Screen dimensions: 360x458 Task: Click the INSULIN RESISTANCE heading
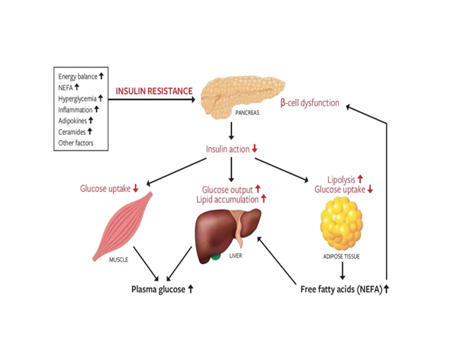coord(154,92)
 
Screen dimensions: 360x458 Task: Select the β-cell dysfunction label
coord(310,103)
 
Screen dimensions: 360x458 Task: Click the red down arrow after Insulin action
coord(255,149)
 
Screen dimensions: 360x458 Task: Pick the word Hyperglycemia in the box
coord(77,98)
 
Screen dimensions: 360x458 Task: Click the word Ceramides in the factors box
coord(72,132)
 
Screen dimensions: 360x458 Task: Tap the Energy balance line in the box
coord(77,76)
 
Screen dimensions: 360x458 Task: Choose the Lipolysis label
coord(341,178)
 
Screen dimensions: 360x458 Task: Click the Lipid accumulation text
coord(228,199)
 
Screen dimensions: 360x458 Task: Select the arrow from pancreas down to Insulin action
coord(232,131)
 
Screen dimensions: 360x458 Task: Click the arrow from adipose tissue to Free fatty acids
coord(341,270)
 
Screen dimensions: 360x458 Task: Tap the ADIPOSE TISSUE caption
coord(341,257)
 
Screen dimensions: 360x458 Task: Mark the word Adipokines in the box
coord(73,120)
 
